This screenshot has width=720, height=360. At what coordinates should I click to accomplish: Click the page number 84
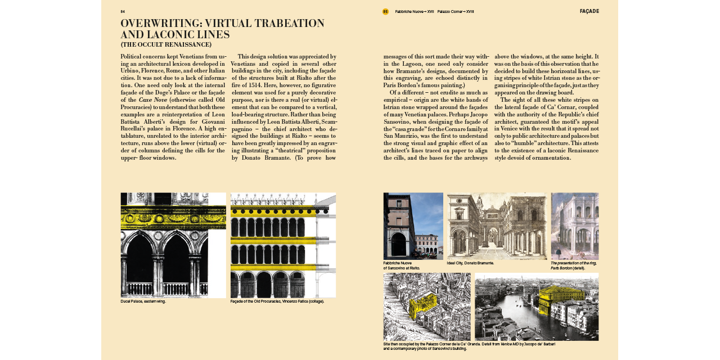pyautogui.click(x=123, y=11)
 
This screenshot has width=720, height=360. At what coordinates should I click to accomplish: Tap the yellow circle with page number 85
pyautogui.click(x=385, y=11)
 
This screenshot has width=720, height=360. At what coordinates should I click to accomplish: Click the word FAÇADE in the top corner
pyautogui.click(x=589, y=11)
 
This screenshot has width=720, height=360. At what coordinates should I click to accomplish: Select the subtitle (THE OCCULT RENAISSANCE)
pyautogui.click(x=166, y=44)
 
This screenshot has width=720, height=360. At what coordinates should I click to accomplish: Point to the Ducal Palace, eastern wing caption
pyautogui.click(x=143, y=301)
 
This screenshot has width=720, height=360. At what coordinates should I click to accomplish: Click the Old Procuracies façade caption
pyautogui.click(x=277, y=301)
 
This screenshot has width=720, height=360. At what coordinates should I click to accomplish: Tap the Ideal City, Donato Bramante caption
pyautogui.click(x=470, y=263)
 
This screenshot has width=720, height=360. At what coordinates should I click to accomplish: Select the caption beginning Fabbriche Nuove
pyautogui.click(x=401, y=265)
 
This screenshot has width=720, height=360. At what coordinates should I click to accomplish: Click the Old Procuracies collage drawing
pyautogui.click(x=283, y=245)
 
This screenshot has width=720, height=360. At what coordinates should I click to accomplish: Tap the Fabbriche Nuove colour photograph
pyautogui.click(x=413, y=226)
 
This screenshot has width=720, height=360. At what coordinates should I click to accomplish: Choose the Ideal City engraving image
pyautogui.click(x=497, y=226)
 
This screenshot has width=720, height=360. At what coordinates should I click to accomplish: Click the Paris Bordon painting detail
pyautogui.click(x=574, y=226)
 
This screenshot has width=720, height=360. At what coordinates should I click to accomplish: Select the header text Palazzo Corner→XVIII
pyautogui.click(x=456, y=11)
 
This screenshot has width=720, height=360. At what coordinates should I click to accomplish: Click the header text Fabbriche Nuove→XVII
pyautogui.click(x=415, y=11)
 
